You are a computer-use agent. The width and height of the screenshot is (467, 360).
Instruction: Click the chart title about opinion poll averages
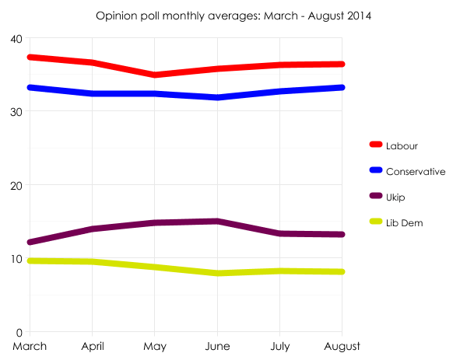(233, 16)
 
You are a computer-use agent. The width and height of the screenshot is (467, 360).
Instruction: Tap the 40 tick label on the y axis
(16, 39)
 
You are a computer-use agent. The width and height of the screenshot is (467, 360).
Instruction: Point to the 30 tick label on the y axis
(16, 112)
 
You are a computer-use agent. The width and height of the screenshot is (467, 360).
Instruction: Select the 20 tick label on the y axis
(16, 185)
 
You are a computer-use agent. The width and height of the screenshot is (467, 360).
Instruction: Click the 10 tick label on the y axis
(16, 258)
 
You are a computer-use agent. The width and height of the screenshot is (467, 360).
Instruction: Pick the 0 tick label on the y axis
(19, 331)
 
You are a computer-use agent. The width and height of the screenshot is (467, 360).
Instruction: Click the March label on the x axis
(30, 345)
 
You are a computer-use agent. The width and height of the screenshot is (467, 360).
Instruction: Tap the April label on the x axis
(92, 345)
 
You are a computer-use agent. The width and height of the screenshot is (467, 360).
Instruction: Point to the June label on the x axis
(217, 345)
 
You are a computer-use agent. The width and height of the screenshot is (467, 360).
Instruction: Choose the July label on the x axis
(279, 345)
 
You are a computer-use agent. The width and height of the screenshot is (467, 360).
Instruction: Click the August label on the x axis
(340, 345)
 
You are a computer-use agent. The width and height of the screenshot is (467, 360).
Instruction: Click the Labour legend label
(402, 145)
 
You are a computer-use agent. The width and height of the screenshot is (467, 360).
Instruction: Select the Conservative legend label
(416, 171)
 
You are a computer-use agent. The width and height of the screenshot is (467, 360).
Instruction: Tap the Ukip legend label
(395, 197)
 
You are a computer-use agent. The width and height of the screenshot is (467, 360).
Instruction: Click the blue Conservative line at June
(217, 97)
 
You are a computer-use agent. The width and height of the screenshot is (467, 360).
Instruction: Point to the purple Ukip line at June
(217, 222)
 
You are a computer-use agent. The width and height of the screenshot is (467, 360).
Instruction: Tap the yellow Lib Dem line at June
(217, 273)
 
